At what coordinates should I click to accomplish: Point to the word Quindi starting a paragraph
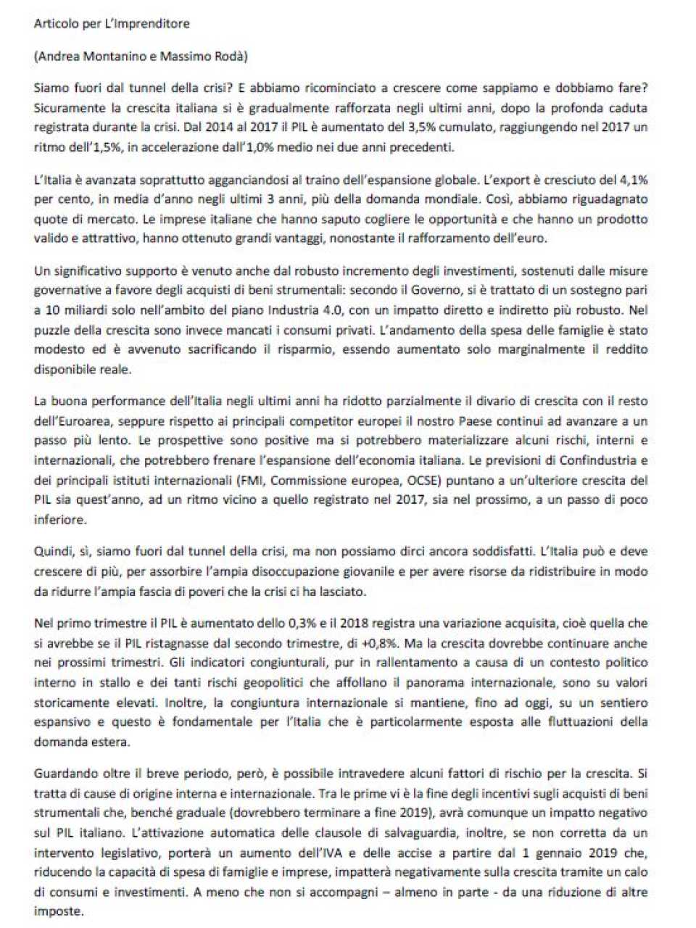pyautogui.click(x=52, y=552)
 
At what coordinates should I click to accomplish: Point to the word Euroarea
pyautogui.click(x=92, y=421)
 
